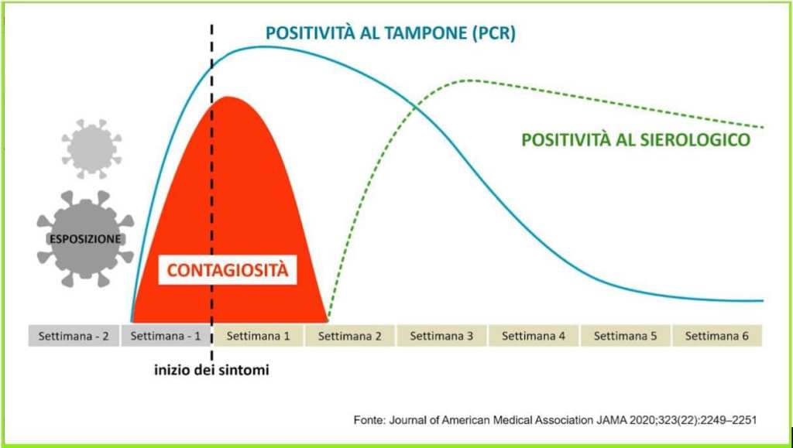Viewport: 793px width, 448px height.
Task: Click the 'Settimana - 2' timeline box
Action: click(x=74, y=335)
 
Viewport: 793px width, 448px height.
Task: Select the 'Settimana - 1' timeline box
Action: click(x=166, y=335)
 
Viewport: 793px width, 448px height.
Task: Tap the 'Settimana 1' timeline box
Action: click(x=258, y=335)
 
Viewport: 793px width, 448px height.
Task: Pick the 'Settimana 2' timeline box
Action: click(x=350, y=335)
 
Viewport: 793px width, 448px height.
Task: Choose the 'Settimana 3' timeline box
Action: click(x=441, y=335)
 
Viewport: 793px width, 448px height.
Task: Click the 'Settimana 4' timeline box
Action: click(x=534, y=335)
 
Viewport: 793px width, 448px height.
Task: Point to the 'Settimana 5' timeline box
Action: click(x=626, y=335)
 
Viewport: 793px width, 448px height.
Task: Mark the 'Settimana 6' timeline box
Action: click(x=717, y=335)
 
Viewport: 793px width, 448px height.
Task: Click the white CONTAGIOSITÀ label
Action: click(x=228, y=270)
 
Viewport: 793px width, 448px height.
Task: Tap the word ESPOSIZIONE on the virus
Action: click(x=85, y=239)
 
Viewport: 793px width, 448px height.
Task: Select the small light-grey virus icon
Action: click(x=91, y=149)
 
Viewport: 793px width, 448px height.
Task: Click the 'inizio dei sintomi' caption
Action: click(x=211, y=370)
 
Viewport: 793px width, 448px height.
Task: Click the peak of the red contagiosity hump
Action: click(x=228, y=97)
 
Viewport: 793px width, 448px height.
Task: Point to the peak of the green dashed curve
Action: click(x=469, y=80)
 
